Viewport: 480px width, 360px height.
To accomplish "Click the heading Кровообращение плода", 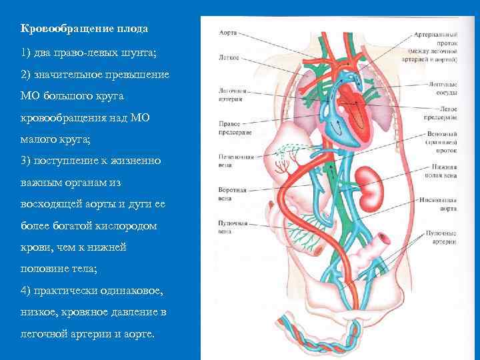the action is tap(84, 29).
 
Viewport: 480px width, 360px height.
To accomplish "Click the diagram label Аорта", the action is tap(227, 31).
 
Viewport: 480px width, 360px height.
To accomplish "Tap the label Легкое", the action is tap(229, 57).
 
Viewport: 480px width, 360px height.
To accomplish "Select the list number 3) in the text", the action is tap(25, 161).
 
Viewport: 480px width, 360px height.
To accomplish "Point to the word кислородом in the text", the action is tap(127, 226).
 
